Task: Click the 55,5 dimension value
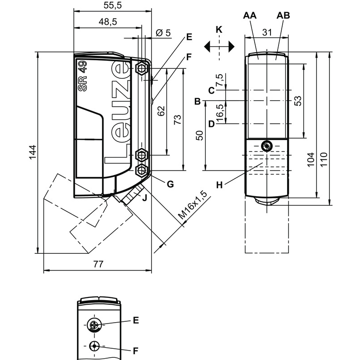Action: point(112,6)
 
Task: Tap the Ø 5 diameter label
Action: point(162,33)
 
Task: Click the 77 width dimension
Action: point(97,265)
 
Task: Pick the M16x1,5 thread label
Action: point(193,206)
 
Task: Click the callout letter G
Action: point(170,184)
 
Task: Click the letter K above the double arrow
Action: point(219,30)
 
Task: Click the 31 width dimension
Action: point(267,33)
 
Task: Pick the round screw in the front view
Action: point(266,146)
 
